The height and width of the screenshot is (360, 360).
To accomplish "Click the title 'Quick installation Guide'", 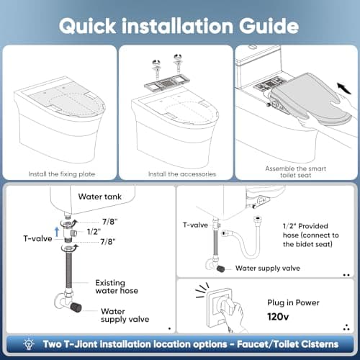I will [x=179, y=25].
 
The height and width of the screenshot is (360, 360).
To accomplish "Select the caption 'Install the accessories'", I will [x=176, y=174].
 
